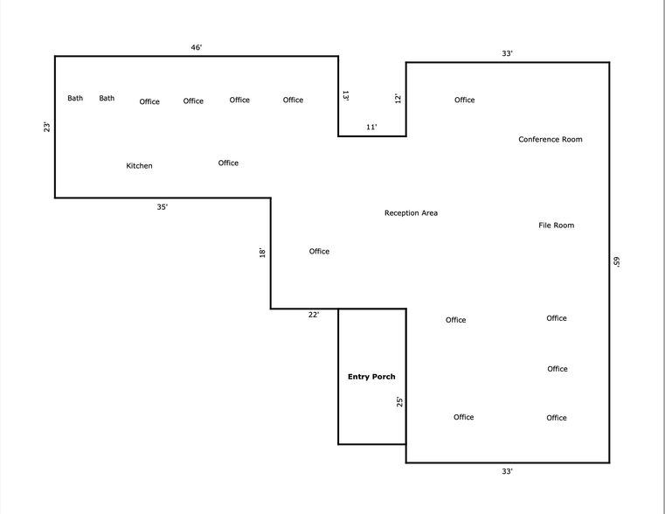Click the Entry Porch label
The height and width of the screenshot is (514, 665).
pyautogui.click(x=371, y=377)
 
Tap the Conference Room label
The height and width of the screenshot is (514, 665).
pyautogui.click(x=550, y=140)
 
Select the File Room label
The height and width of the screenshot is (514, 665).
pyautogui.click(x=556, y=226)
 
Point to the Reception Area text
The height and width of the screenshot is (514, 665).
pyautogui.click(x=411, y=213)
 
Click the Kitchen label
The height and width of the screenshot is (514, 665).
pyautogui.click(x=139, y=166)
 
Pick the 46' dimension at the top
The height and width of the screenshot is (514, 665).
pyautogui.click(x=197, y=47)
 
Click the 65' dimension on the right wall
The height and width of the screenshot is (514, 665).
pyautogui.click(x=616, y=261)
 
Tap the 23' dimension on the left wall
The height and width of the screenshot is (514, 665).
pyautogui.click(x=47, y=127)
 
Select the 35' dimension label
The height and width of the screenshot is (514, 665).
pyautogui.click(x=163, y=207)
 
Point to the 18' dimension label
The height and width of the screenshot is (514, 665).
pyautogui.click(x=262, y=253)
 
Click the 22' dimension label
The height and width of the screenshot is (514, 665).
pyautogui.click(x=314, y=315)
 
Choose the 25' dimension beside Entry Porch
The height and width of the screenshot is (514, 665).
pyautogui.click(x=399, y=402)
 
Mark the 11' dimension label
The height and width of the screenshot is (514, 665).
pyautogui.click(x=371, y=128)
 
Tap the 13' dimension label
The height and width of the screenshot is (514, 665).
pyautogui.click(x=346, y=95)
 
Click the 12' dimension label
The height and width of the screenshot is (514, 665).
pyautogui.click(x=398, y=99)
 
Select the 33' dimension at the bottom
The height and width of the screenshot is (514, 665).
pyautogui.click(x=507, y=471)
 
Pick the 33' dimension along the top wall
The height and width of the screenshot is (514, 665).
pyautogui.click(x=507, y=53)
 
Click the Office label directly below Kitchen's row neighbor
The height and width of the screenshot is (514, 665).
pyautogui.click(x=228, y=163)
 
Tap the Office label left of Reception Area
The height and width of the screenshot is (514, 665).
pyautogui.click(x=319, y=252)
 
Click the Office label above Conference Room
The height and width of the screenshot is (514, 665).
pyautogui.click(x=464, y=101)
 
